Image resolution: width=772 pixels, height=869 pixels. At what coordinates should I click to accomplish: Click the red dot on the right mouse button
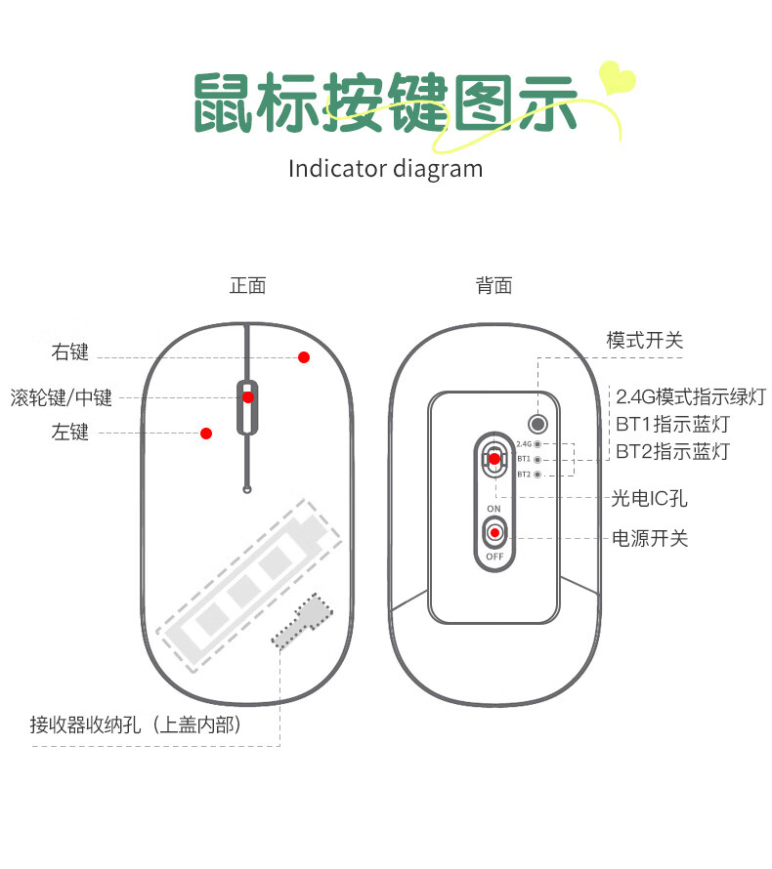304,357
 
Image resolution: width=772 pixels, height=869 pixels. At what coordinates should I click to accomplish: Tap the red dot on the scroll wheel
248,397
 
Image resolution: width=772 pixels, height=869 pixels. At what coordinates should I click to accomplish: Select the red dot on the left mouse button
206,433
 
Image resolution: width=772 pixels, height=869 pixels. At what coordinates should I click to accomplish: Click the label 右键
70,352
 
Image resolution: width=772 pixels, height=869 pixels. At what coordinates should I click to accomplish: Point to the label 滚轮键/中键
62,397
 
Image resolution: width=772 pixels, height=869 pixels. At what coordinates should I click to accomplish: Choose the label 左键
70,432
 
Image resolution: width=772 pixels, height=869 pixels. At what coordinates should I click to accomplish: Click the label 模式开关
645,341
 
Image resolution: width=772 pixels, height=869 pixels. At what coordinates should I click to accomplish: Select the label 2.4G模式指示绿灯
691,396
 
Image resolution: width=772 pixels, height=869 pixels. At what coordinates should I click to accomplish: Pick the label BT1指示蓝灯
672,425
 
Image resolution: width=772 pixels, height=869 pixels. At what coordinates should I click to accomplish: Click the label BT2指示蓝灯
672,452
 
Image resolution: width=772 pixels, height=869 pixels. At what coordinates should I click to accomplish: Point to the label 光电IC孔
650,499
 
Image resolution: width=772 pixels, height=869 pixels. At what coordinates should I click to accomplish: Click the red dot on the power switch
495,532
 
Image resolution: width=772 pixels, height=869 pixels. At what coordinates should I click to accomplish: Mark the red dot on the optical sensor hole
494,458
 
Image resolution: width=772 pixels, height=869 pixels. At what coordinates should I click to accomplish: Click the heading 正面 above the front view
247,286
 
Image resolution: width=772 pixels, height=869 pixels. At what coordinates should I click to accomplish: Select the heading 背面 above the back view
493,286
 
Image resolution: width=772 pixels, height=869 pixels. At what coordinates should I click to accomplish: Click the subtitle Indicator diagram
385,168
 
